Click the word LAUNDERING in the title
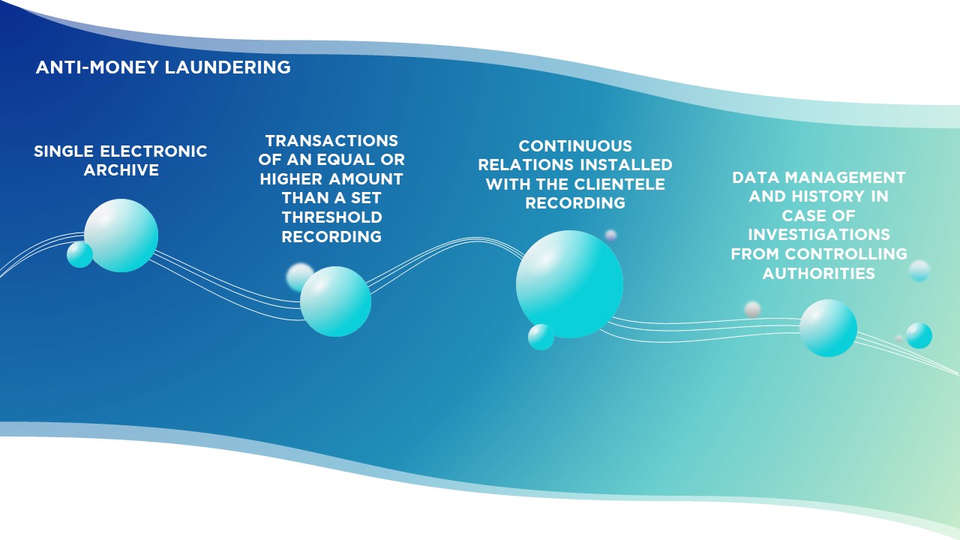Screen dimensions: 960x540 coord(227,67)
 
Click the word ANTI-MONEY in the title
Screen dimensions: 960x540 coord(97,67)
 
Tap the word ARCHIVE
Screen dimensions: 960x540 coord(121,170)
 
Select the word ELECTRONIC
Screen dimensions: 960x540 coord(154,151)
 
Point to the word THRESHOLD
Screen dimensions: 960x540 coord(331,217)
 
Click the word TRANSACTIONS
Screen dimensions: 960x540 coord(331,140)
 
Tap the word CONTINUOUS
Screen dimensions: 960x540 coord(575,145)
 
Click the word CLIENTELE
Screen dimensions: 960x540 coord(619,184)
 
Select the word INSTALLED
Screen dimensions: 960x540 coord(626,165)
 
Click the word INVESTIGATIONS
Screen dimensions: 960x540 coord(819,235)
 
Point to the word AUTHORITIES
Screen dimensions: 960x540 coord(818,274)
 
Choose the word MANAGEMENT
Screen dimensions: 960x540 coord(844,178)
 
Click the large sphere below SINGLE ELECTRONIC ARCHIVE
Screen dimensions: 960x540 coord(121,235)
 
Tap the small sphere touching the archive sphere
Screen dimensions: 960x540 coord(79,254)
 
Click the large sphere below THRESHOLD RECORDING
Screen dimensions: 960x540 coord(335,301)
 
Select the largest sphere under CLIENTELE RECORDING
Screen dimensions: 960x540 coord(569,284)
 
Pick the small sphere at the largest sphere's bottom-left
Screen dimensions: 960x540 coord(541,337)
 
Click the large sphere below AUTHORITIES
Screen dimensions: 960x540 coord(829,328)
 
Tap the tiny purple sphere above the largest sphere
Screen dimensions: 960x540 coord(610,235)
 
